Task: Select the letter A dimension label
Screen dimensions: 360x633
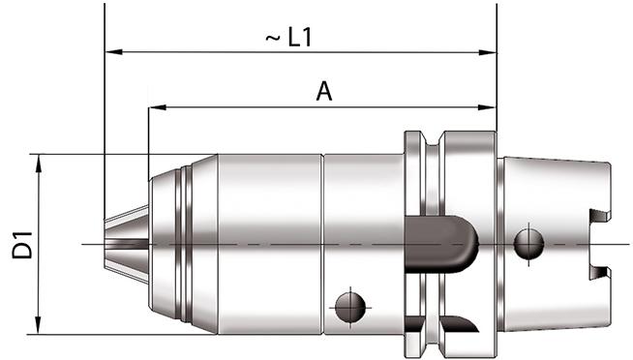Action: [325, 92]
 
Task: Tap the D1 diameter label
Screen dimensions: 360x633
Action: [21, 244]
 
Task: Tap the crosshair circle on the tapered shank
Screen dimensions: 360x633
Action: [528, 242]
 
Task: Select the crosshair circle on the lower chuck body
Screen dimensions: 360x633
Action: [348, 307]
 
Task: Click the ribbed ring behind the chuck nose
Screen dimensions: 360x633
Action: [185, 242]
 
